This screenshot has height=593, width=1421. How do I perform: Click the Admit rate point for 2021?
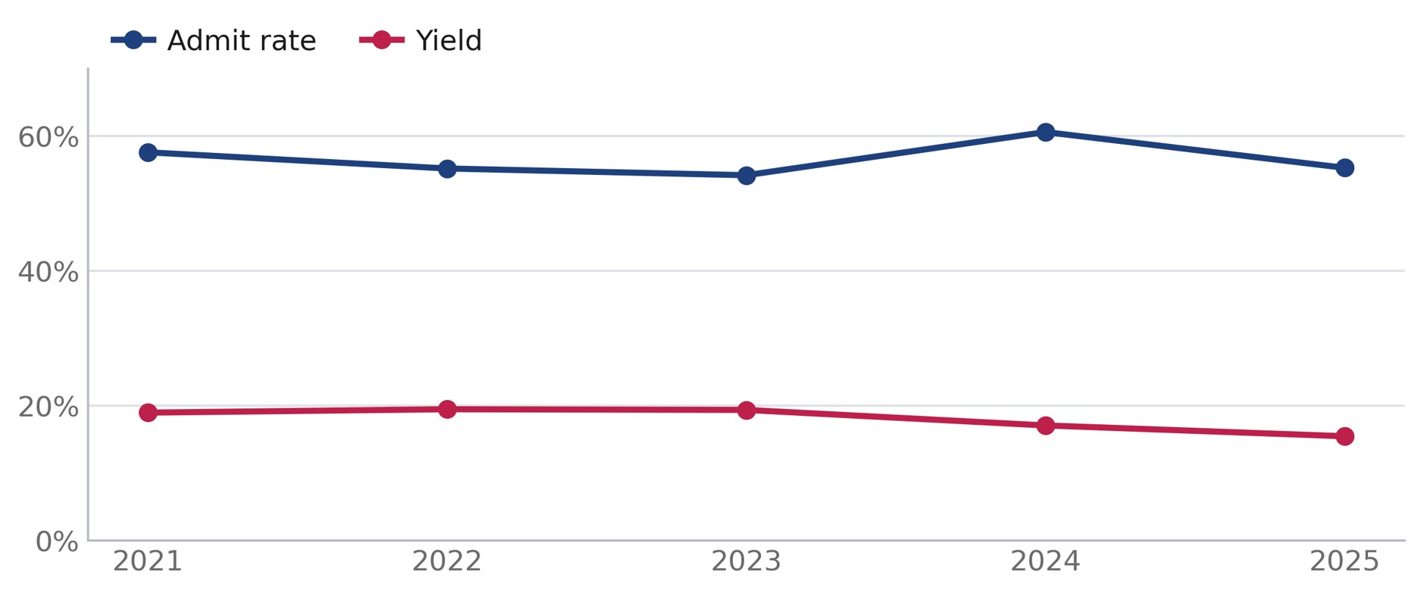pyautogui.click(x=148, y=152)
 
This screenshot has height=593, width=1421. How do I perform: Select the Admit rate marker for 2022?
pyautogui.click(x=447, y=168)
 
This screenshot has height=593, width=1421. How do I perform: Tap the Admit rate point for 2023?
pyautogui.click(x=746, y=175)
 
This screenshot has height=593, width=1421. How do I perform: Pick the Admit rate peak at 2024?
pyautogui.click(x=1046, y=132)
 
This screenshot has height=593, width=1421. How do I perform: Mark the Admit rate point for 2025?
pyautogui.click(x=1344, y=167)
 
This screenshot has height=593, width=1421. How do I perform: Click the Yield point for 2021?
pyautogui.click(x=148, y=412)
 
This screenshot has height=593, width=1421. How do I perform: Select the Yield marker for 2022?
pyautogui.click(x=447, y=409)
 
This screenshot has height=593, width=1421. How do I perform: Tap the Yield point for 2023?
pyautogui.click(x=746, y=410)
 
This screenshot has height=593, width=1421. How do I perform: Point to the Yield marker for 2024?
pyautogui.click(x=1046, y=425)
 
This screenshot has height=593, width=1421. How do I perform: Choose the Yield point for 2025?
pyautogui.click(x=1344, y=435)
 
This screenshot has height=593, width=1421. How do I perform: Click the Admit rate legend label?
pyautogui.click(x=242, y=40)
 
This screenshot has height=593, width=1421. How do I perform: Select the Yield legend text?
pyautogui.click(x=449, y=40)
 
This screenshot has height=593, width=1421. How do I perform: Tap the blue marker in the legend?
pyautogui.click(x=133, y=39)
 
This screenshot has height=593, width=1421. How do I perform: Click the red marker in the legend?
pyautogui.click(x=382, y=39)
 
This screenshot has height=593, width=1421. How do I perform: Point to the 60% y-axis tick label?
pyautogui.click(x=49, y=137)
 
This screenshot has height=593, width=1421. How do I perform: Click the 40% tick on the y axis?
pyautogui.click(x=49, y=272)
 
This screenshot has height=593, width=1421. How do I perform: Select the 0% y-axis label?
pyautogui.click(x=57, y=542)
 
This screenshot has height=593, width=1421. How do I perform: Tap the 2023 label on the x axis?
pyautogui.click(x=746, y=561)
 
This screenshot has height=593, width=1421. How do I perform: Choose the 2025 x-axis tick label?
pyautogui.click(x=1344, y=561)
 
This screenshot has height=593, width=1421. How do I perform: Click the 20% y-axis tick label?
pyautogui.click(x=49, y=407)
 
